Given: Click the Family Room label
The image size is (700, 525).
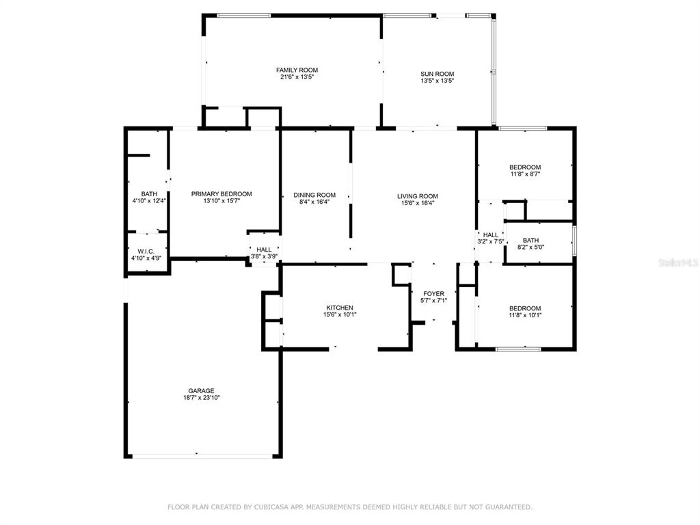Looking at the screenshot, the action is click(297, 70).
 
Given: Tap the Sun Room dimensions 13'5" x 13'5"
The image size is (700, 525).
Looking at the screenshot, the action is click(437, 81).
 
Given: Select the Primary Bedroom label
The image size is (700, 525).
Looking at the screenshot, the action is click(221, 194).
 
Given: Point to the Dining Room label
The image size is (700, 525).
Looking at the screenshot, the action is click(314, 195).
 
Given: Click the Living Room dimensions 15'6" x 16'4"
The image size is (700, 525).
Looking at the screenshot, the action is click(418, 203).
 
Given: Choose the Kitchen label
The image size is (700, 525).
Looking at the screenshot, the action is click(340, 308).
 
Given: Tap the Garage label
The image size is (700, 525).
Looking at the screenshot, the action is click(202, 390).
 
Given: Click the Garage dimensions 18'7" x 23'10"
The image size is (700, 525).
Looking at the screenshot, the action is click(202, 398).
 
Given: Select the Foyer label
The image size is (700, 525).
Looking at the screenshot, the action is click(433, 294).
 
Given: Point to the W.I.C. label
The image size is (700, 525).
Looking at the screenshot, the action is click(146, 252).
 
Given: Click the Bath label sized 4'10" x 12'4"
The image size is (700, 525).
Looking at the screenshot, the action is click(149, 193).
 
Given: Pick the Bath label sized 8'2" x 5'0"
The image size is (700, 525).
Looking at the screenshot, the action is click(530, 240).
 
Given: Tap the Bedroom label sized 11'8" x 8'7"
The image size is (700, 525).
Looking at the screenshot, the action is click(525, 167).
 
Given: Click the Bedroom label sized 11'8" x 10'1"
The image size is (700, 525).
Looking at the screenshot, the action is click(525, 308).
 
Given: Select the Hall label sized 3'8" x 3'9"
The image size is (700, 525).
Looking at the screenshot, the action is click(264, 250).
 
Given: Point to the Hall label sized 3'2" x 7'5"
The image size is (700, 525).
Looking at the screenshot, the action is click(491, 235).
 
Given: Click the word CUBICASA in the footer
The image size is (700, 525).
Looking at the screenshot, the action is click(271, 507).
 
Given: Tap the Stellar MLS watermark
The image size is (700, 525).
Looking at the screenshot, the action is click(679, 263).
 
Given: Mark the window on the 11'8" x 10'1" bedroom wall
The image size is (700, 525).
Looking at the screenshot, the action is click(518, 349).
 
